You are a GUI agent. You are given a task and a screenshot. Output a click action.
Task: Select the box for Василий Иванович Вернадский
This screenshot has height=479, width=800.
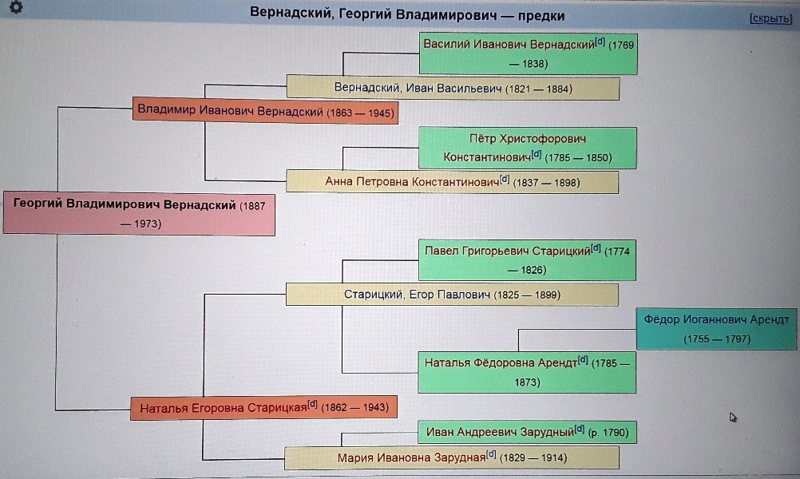click(528, 53)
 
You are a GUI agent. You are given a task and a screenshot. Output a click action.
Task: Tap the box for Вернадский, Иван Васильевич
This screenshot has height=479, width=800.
click(453, 88)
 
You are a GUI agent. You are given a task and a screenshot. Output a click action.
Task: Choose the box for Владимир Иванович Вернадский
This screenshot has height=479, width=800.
click(264, 111)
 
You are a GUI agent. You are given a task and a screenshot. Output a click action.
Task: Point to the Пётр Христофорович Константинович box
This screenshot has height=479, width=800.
click(528, 148)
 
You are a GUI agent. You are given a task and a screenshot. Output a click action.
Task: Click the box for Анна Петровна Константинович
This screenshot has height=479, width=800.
click(453, 182)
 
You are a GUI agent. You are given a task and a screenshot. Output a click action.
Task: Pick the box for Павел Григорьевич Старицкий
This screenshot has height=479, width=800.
click(528, 259)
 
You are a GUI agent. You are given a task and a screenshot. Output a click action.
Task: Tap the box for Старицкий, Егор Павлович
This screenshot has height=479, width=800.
click(453, 295)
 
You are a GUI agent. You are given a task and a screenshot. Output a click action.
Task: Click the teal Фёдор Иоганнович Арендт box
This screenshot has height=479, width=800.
click(716, 329)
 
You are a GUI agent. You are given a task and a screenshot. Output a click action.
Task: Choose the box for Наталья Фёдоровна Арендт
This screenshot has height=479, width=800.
click(528, 372)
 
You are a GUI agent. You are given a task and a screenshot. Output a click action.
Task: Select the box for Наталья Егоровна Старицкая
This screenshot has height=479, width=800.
click(264, 408)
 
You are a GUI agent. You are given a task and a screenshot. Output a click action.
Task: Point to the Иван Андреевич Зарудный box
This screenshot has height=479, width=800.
click(528, 433)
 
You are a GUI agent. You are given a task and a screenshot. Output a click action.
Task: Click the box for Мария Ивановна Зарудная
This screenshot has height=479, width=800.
click(453, 458)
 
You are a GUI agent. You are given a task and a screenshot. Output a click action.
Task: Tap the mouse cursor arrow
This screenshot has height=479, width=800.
click(733, 417)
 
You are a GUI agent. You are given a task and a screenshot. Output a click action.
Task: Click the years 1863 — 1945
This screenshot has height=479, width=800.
click(360, 113)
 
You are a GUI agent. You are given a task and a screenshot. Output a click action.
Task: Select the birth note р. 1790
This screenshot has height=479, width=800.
click(608, 434)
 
